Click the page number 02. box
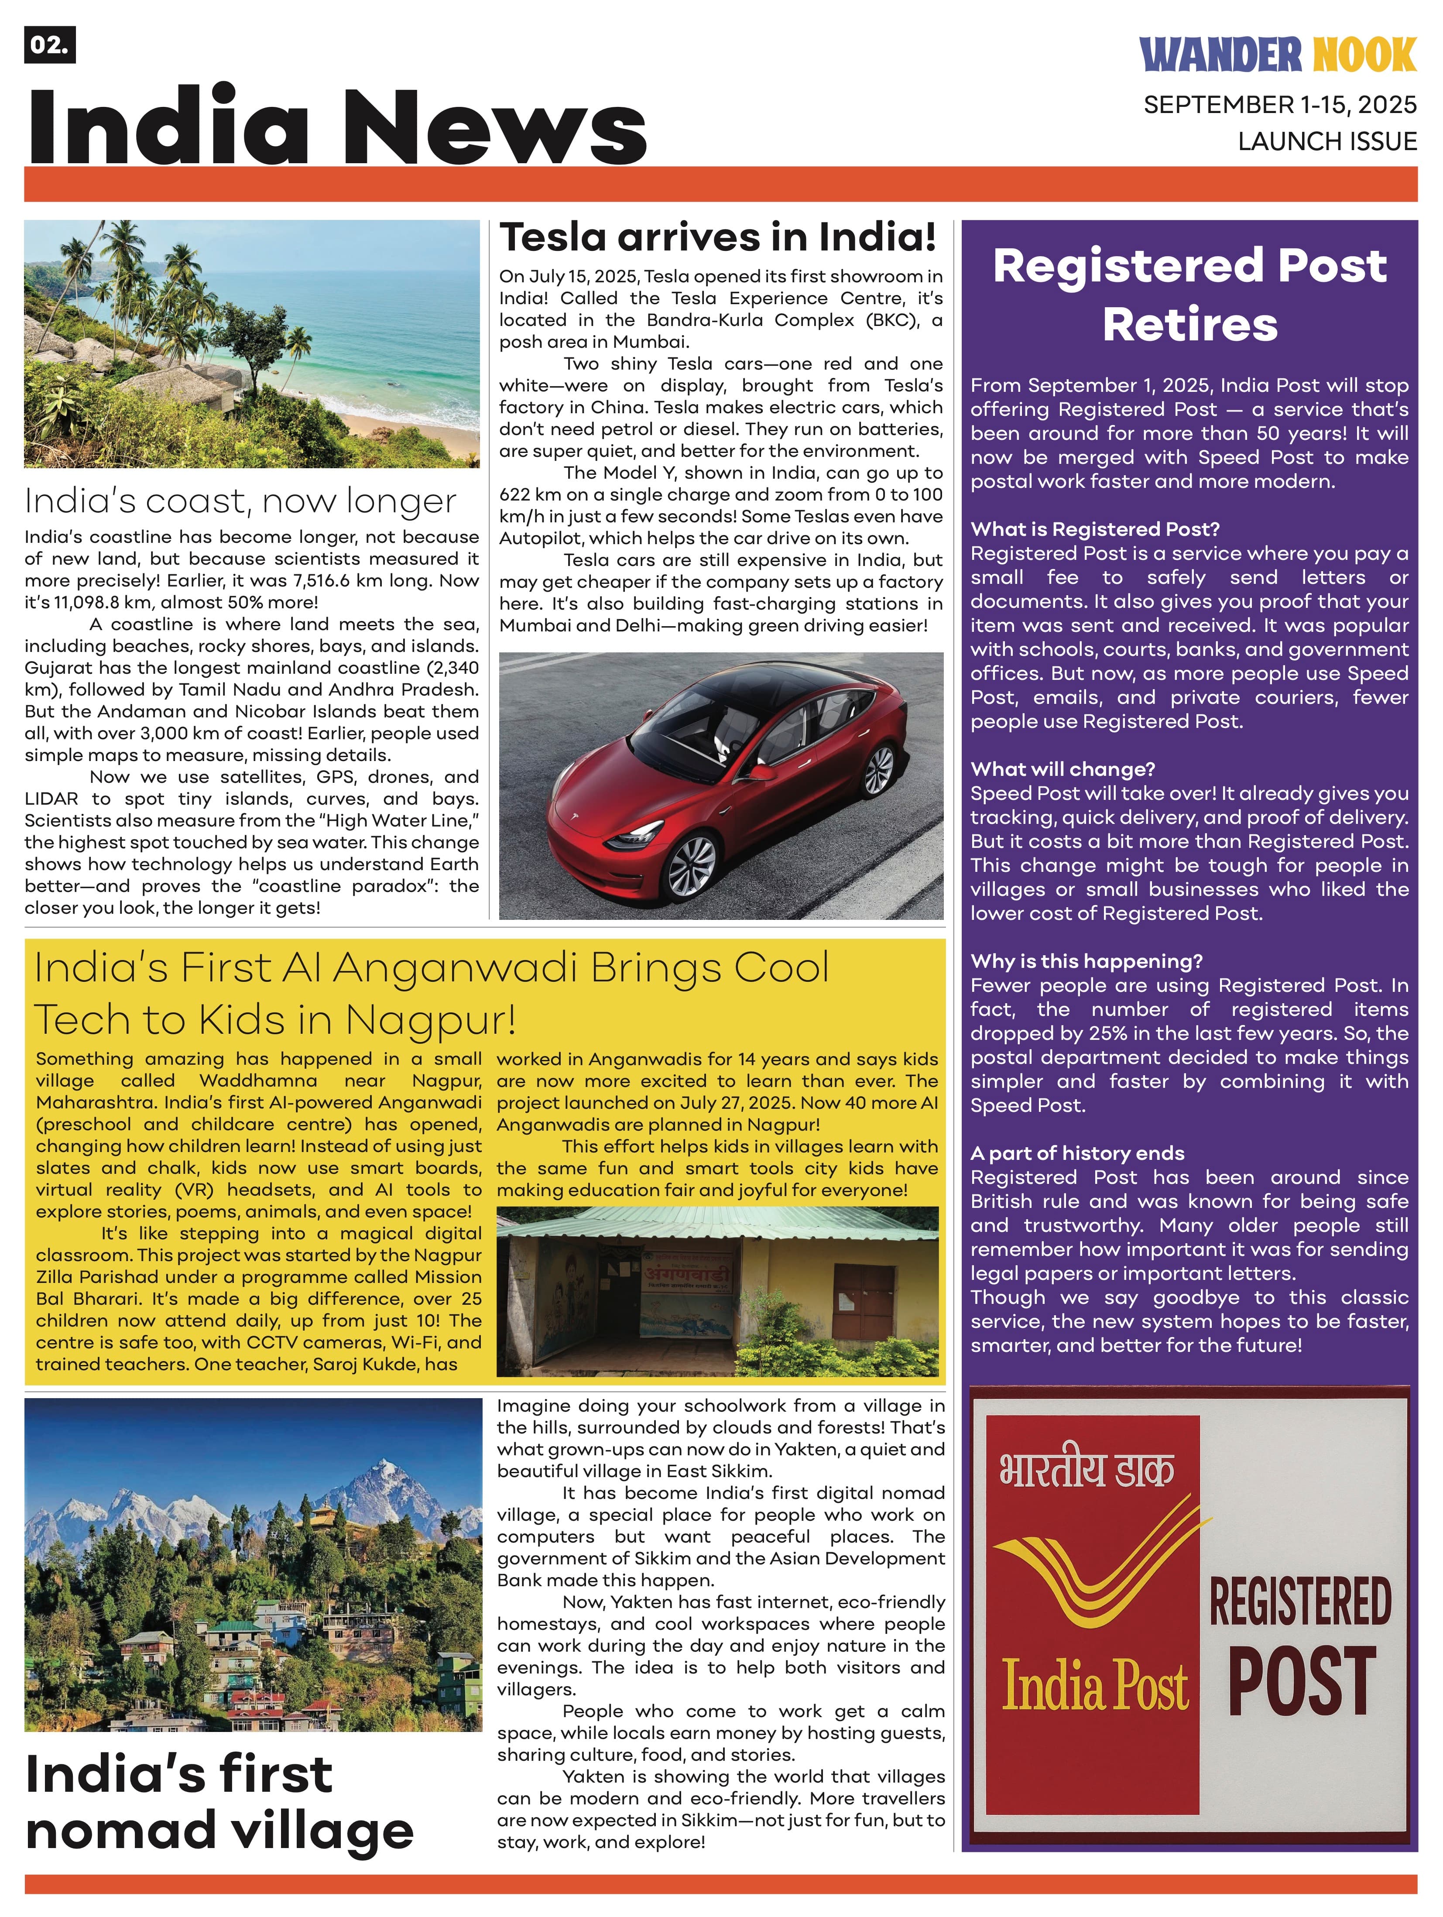[x=49, y=46]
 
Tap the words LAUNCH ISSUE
[x=1327, y=141]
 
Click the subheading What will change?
[x=1063, y=769]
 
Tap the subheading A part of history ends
[x=1077, y=1152]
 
